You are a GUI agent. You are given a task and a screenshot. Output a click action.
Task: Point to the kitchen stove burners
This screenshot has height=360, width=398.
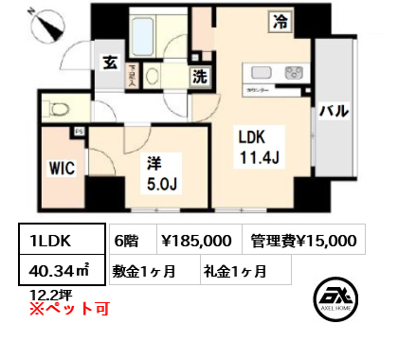293,73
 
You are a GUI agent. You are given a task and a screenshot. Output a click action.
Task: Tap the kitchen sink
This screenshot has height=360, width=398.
259,73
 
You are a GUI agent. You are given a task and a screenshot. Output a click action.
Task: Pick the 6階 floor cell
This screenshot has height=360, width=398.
125,242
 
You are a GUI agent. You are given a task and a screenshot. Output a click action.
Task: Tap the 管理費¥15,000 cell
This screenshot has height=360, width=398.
303,242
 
